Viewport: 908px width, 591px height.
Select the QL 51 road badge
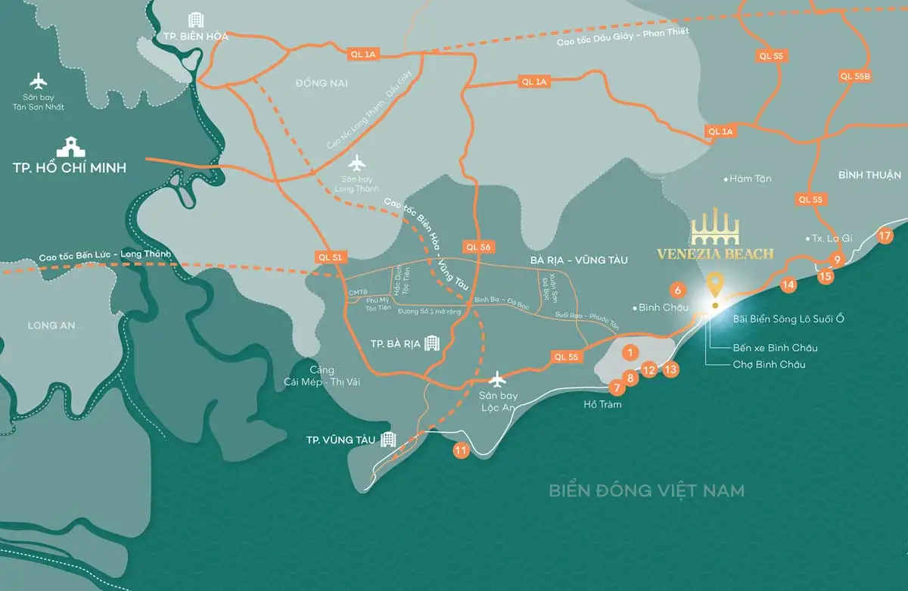click(331, 257)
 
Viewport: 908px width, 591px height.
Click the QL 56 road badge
click(479, 247)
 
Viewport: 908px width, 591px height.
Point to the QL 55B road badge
click(855, 76)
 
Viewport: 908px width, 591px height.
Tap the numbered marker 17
click(886, 235)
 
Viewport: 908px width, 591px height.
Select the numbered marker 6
click(678, 289)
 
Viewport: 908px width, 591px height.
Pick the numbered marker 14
click(789, 285)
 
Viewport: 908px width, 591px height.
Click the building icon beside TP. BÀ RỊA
click(431, 344)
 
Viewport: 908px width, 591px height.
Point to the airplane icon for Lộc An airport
click(497, 378)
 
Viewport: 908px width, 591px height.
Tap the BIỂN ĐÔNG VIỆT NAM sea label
click(647, 490)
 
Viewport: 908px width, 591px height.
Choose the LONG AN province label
click(51, 325)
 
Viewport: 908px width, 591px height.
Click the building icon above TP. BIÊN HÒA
click(195, 20)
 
